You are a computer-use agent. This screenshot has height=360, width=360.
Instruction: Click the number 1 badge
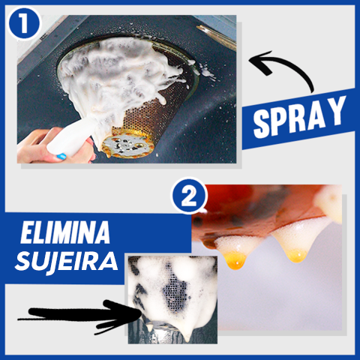(24, 25)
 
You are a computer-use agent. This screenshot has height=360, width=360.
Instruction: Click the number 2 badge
(189, 196)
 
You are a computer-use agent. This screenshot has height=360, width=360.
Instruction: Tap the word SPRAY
(299, 118)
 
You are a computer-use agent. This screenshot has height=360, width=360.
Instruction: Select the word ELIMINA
(65, 232)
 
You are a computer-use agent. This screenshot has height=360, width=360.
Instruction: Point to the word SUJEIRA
(67, 261)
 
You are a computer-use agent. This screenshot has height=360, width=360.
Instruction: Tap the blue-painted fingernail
(61, 157)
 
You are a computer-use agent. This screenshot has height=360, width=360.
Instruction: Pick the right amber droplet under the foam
(296, 256)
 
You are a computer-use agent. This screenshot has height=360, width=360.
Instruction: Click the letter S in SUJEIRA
(23, 262)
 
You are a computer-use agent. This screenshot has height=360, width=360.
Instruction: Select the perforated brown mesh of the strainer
(148, 115)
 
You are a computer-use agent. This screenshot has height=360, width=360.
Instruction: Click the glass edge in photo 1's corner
(217, 36)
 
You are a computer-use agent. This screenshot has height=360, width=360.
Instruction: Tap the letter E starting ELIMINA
(26, 232)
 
